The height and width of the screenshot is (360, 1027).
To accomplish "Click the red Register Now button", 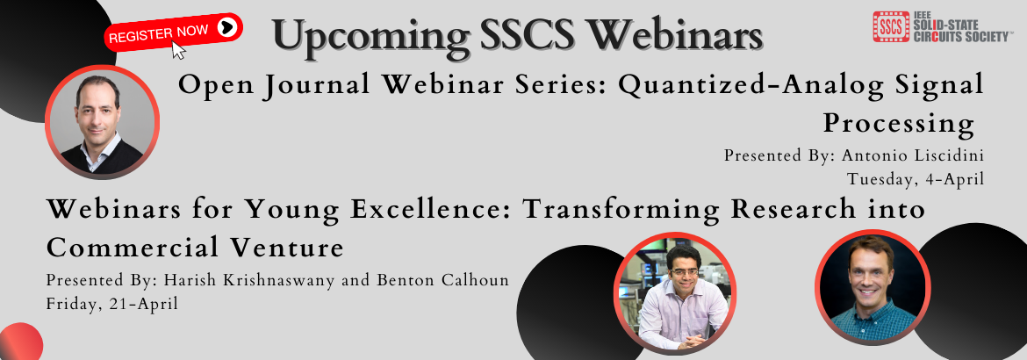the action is pos(174,32).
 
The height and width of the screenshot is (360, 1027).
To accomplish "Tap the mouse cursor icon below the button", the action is pos(178,50).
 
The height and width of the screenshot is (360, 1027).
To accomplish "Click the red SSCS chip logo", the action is pos(891,27).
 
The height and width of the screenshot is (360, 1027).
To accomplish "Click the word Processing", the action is pos(899,123).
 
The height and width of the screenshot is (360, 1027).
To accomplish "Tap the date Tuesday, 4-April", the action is pos(916,178).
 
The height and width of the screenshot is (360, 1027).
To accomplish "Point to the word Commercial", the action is pos(133,248).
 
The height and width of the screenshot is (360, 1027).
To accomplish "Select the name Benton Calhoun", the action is pos(442,280).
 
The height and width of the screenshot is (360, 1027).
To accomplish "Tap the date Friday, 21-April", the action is pos(112,304).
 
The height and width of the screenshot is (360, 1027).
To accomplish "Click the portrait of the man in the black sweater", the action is pos(102,122).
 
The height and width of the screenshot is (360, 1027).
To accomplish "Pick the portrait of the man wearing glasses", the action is pos(675,293).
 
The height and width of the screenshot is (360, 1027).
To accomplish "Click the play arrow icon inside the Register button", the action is pos(226,27).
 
